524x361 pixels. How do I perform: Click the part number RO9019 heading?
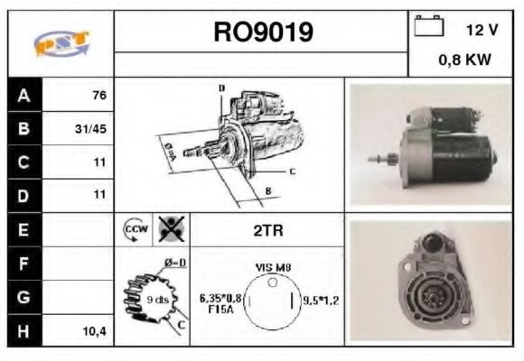(263, 32)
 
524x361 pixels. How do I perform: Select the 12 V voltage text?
(481, 30)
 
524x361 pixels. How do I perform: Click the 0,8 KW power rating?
(464, 60)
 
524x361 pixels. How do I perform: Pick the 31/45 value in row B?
(91, 129)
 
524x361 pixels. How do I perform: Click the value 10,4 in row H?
(93, 331)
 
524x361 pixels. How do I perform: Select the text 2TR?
(267, 230)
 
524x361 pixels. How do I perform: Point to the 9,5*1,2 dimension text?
(319, 301)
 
